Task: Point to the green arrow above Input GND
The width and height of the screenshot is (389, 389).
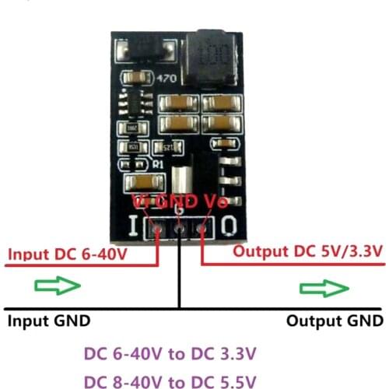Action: (58, 286)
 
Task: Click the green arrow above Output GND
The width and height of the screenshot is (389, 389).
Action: (324, 289)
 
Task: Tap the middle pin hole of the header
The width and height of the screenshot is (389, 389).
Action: (180, 230)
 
